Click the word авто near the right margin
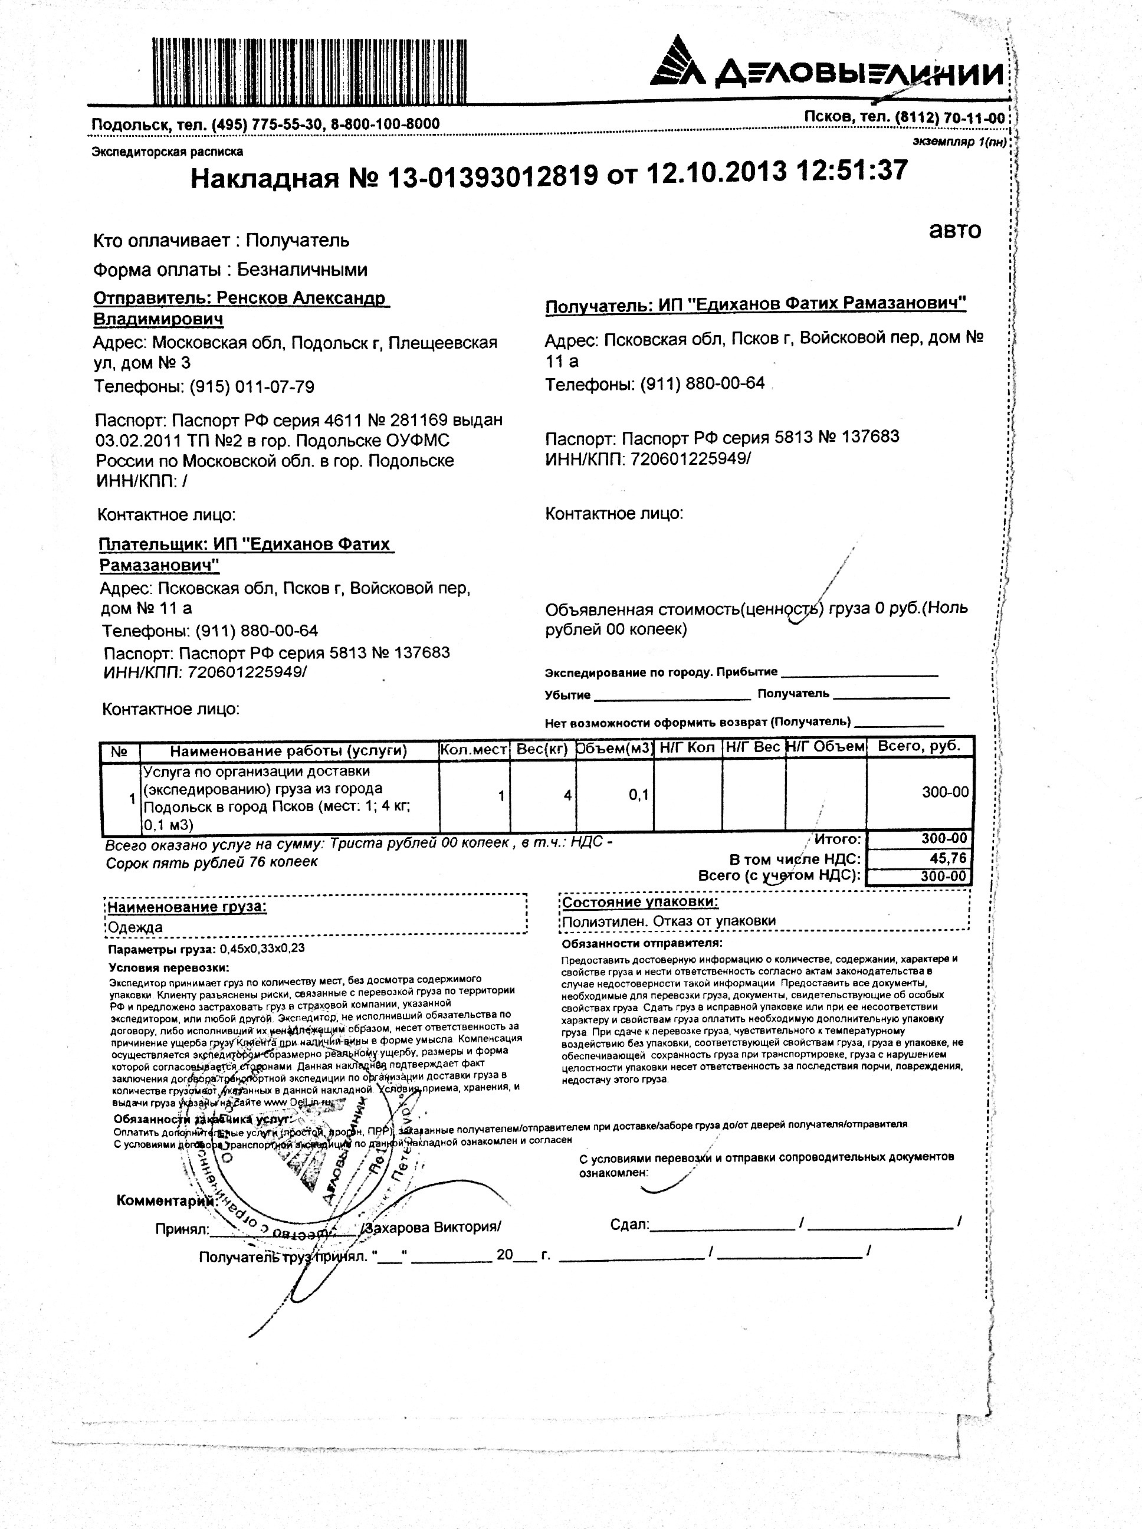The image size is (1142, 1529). click(x=954, y=230)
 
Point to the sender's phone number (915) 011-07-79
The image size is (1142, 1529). click(x=252, y=386)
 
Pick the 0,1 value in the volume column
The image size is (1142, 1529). click(x=638, y=795)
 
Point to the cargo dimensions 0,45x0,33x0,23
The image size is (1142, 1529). click(x=262, y=949)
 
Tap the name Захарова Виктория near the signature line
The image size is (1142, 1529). click(x=433, y=1227)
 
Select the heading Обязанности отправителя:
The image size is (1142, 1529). click(x=642, y=943)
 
